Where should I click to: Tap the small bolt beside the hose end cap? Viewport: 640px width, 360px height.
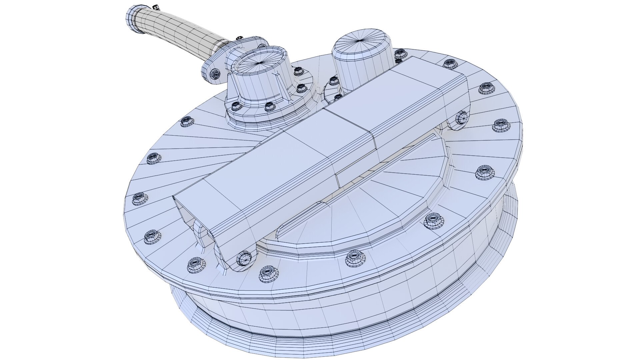(155, 6)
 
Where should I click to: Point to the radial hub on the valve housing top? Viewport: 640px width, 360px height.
(260, 62)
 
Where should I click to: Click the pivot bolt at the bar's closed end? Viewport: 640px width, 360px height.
(461, 117)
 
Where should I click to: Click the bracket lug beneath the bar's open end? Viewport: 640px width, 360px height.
(203, 233)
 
